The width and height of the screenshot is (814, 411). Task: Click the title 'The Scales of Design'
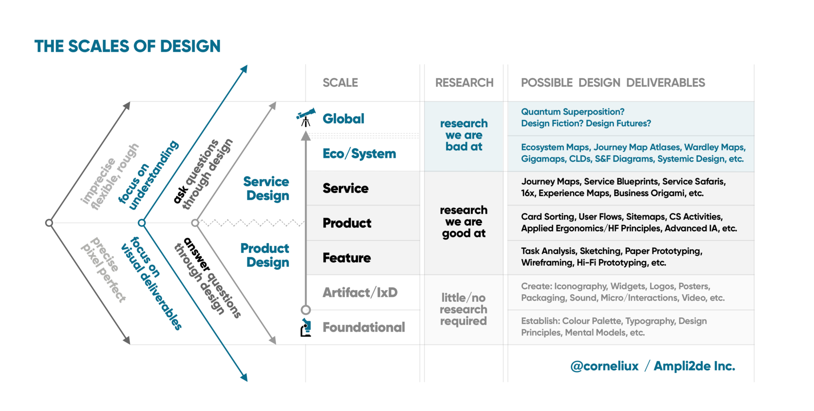[x=127, y=46]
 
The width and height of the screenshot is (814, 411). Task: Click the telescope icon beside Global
[x=306, y=117]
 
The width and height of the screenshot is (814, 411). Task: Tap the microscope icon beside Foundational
[x=306, y=327]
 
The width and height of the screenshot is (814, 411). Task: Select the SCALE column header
[x=340, y=83]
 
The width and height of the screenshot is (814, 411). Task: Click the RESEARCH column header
[x=464, y=83]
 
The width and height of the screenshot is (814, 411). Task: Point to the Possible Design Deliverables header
[x=613, y=83]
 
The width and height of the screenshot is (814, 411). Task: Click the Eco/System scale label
[x=359, y=154]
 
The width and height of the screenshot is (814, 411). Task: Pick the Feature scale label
[x=347, y=258]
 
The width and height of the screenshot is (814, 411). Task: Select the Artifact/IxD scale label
[x=360, y=292]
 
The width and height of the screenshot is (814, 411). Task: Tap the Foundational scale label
[x=363, y=327]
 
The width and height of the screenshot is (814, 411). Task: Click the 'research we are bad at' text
[x=464, y=135]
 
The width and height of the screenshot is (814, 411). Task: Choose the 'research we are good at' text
[x=464, y=222]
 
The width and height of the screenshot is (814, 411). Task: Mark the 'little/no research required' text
[x=464, y=309]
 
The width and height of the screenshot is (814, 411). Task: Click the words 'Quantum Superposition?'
[x=573, y=112]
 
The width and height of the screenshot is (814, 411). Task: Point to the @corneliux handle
[x=604, y=366]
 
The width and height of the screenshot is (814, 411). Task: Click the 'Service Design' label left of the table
[x=267, y=188]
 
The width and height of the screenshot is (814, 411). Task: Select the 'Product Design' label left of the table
[x=265, y=255]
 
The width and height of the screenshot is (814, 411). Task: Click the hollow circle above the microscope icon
[x=306, y=310]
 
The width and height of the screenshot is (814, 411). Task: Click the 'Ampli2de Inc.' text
[x=694, y=366]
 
